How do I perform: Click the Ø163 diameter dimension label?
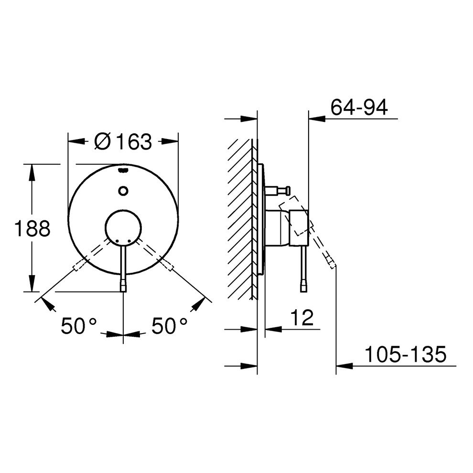[123, 141]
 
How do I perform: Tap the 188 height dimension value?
[32, 228]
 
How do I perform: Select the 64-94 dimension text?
[359, 107]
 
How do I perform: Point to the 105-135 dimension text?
[405, 354]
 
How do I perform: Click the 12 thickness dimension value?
[302, 317]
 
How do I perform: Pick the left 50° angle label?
[78, 326]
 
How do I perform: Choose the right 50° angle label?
[169, 326]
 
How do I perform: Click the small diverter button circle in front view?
[123, 191]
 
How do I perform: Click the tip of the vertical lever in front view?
[123, 290]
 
